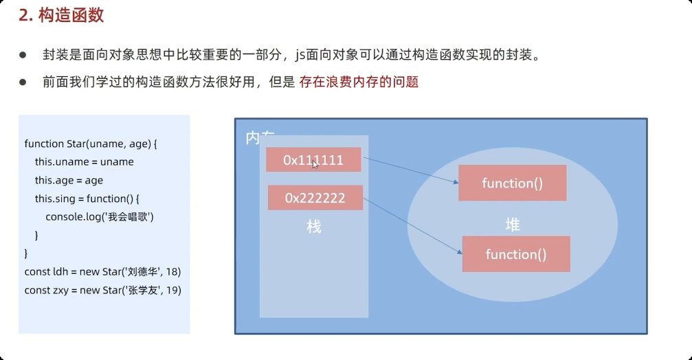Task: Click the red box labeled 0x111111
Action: point(313,159)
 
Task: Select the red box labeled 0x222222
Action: point(315,198)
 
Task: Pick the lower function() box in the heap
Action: point(515,254)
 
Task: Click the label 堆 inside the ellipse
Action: point(512,224)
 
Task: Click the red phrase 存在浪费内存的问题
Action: point(359,82)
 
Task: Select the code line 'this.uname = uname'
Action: point(85,162)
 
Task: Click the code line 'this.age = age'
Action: point(69,180)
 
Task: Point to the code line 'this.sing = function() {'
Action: point(87,199)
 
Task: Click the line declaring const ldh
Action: point(102,271)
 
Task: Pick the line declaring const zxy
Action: point(102,290)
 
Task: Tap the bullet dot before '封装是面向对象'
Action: point(23,55)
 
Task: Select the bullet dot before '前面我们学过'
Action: point(23,82)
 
